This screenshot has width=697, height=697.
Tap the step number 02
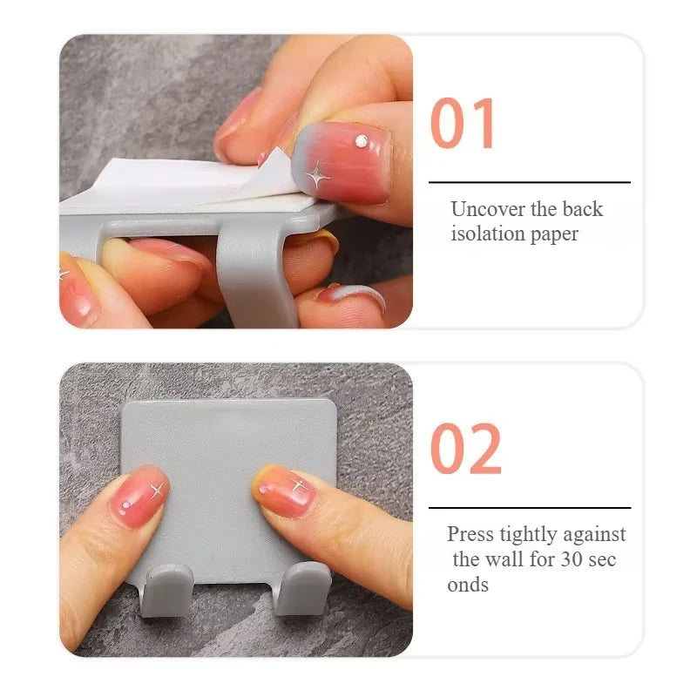point(466,449)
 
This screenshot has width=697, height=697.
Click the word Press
point(470,534)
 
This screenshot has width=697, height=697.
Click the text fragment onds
point(468,584)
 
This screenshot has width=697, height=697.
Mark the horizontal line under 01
point(529,182)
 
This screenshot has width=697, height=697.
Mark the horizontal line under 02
point(529,507)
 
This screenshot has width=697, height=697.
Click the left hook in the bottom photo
point(166,588)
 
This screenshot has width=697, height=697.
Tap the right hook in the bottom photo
point(303,586)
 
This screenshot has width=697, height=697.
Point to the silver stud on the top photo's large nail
point(361,140)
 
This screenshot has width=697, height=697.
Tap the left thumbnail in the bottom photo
point(139,494)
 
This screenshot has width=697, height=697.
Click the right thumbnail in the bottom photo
point(285,491)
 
